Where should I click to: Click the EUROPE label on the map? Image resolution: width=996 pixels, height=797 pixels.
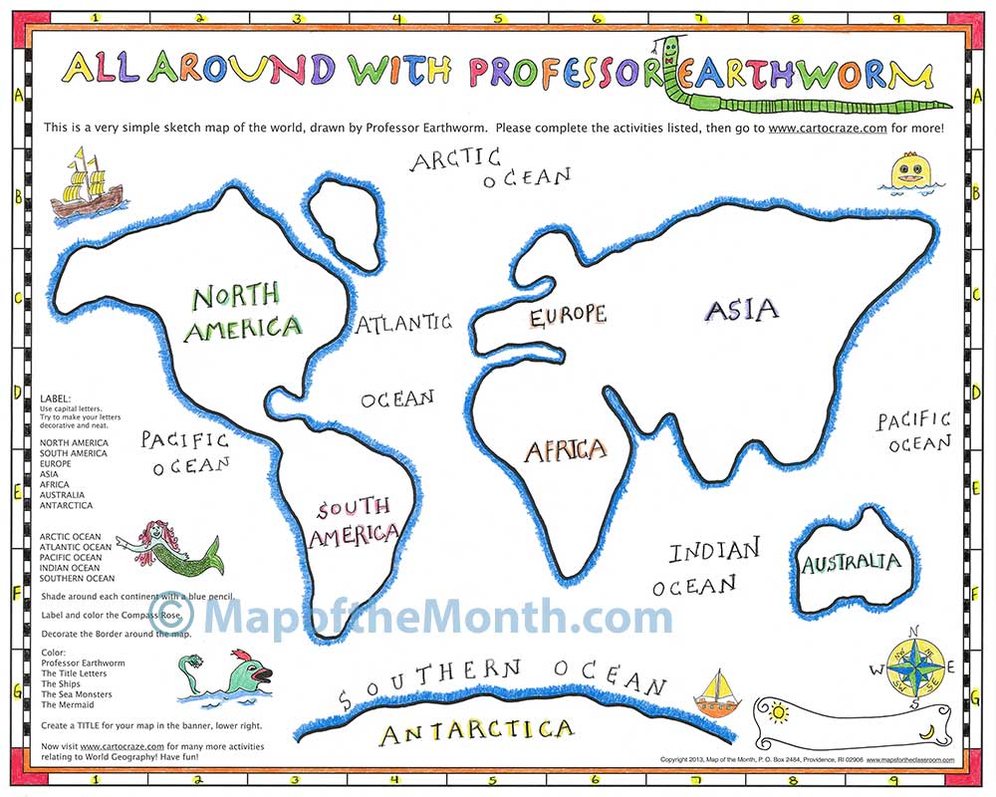(567, 317)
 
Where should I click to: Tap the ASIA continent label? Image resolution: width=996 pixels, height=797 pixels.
(741, 310)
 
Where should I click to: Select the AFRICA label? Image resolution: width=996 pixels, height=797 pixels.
(566, 451)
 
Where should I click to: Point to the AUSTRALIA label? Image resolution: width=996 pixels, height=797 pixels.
(851, 563)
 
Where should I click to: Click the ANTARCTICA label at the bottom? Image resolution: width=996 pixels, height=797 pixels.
(478, 733)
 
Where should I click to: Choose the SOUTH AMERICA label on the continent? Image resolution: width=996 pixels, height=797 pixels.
(355, 524)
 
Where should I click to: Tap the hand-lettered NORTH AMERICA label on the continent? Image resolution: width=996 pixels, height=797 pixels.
(241, 311)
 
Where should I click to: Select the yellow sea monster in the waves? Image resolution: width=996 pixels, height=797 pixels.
(910, 171)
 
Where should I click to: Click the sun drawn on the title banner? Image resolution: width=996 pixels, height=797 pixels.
(778, 712)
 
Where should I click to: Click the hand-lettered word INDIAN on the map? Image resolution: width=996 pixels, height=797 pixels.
(713, 551)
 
